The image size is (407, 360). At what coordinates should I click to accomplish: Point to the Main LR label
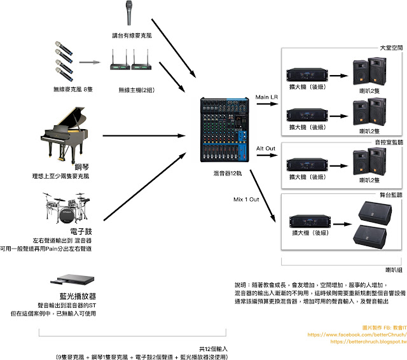point(266,97)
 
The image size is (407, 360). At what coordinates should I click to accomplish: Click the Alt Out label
point(266,149)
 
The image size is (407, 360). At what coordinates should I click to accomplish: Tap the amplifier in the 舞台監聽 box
point(307,218)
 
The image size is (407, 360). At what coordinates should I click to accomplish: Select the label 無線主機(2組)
point(137,89)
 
